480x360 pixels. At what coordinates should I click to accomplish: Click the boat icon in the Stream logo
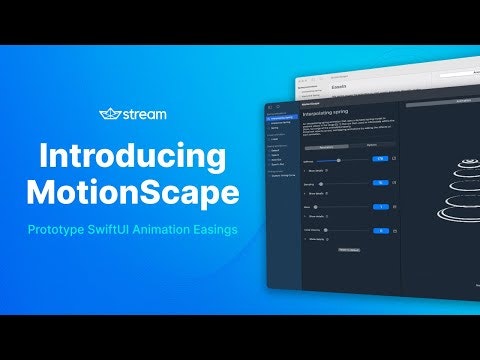coord(111,114)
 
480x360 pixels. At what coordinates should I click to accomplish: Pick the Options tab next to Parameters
coord(370,145)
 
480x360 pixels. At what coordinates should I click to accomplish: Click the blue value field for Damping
coord(380,183)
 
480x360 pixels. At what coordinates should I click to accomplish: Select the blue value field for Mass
coord(380,206)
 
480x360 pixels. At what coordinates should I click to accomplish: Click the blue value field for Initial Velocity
coord(380,230)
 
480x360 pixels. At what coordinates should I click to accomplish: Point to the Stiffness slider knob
coord(339,159)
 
